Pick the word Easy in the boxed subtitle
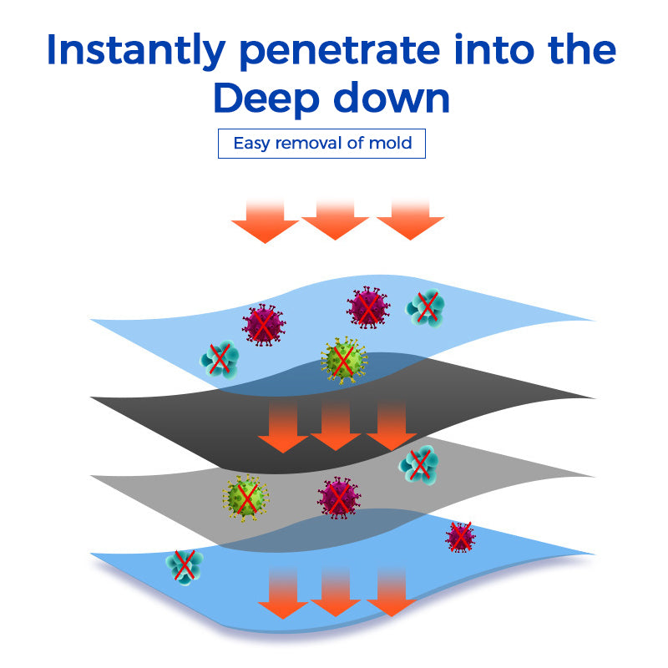251,143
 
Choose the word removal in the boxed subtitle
308,143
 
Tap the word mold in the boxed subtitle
392,143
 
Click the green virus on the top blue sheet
343,359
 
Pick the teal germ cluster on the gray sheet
418,464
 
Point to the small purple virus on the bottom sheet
460,537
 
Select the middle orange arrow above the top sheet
335,220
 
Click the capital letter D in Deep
230,99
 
